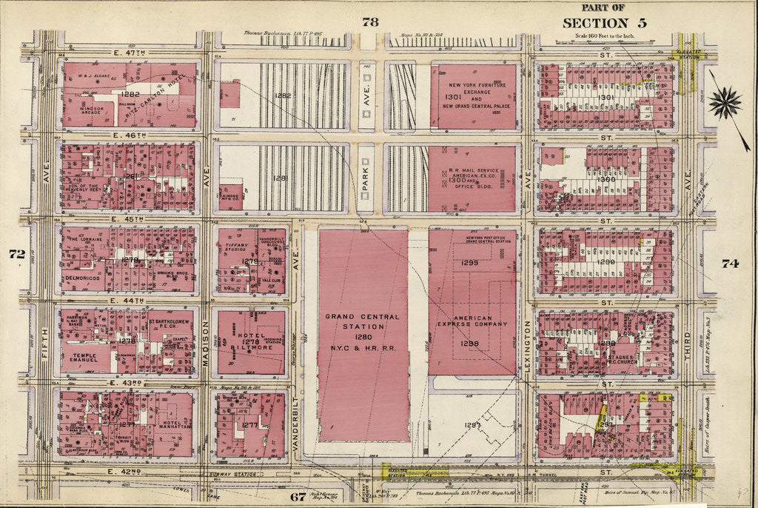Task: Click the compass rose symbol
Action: click(x=725, y=102)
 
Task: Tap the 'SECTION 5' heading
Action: click(x=603, y=22)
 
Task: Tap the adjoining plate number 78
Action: click(x=370, y=22)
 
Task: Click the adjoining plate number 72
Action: click(x=17, y=254)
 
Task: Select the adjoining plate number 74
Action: click(x=729, y=262)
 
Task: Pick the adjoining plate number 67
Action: click(x=298, y=496)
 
